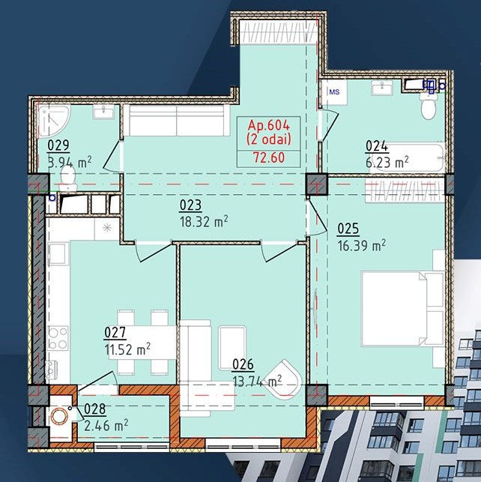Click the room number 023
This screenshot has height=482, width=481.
[x=190, y=205]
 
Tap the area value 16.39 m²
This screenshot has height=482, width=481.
[x=362, y=246]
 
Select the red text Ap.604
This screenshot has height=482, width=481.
[x=269, y=125]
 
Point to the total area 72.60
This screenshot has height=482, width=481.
[x=269, y=157]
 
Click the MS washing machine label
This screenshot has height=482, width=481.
[x=334, y=92]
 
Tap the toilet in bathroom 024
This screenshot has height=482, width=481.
[x=428, y=105]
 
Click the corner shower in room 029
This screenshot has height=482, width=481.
[x=54, y=121]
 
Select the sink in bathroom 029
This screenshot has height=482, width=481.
[x=103, y=112]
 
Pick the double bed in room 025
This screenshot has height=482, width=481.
[x=403, y=308]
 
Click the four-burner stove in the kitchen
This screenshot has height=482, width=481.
[x=58, y=338]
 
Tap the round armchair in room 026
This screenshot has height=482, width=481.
[x=283, y=380]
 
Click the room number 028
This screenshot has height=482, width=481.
[x=94, y=409]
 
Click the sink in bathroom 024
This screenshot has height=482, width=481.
[x=382, y=88]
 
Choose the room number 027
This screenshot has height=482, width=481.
[x=115, y=333]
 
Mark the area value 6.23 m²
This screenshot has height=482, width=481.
[x=387, y=163]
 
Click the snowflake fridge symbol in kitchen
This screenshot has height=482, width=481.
[x=107, y=228]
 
